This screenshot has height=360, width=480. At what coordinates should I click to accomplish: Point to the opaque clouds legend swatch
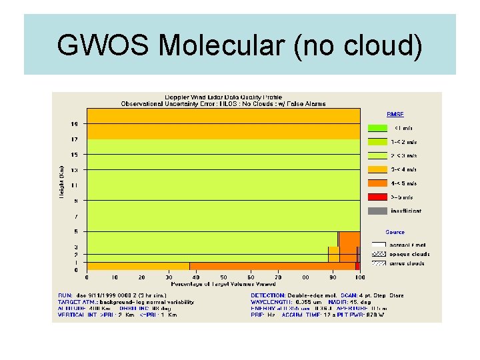click(x=378, y=254)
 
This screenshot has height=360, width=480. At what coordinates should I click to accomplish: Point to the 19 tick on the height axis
click(x=75, y=123)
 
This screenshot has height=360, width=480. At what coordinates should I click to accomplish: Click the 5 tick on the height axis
click(x=76, y=231)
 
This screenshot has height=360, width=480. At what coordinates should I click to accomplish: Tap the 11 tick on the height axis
click(x=75, y=185)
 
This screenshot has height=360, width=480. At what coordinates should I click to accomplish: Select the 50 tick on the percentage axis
click(x=223, y=277)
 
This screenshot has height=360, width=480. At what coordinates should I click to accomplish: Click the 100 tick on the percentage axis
click(x=360, y=277)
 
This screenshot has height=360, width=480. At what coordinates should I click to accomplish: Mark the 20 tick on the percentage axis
click(x=141, y=277)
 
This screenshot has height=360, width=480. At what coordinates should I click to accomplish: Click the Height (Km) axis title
click(x=61, y=181)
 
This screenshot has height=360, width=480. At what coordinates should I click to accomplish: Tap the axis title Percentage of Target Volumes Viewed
click(x=223, y=284)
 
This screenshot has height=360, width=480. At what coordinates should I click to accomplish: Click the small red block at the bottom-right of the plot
click(x=357, y=266)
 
